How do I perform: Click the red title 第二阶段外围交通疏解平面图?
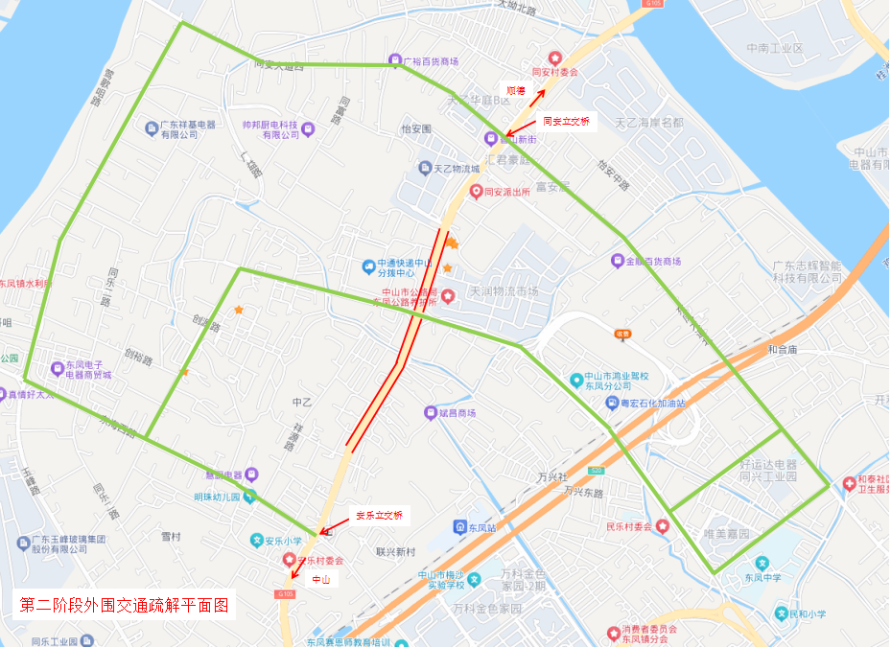click(125, 606)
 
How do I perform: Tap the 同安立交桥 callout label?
click(566, 122)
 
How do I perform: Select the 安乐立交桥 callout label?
click(379, 516)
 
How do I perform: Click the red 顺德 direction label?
click(515, 90)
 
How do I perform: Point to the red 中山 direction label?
click(319, 579)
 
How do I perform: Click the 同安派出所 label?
click(507, 192)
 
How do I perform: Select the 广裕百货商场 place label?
click(430, 61)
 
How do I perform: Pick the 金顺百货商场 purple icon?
click(618, 261)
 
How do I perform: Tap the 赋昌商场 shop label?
click(457, 413)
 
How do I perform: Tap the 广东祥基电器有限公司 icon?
click(151, 127)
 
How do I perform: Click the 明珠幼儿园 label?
click(215, 497)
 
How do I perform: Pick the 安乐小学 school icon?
click(257, 539)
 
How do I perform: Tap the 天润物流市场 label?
click(504, 291)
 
